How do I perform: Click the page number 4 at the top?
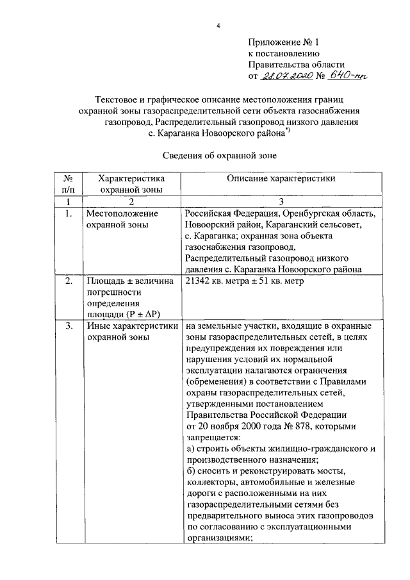point(218,26)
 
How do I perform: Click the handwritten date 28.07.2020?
point(287,76)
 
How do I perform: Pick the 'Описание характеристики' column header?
point(281,179)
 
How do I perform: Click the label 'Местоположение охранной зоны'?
point(122,219)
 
